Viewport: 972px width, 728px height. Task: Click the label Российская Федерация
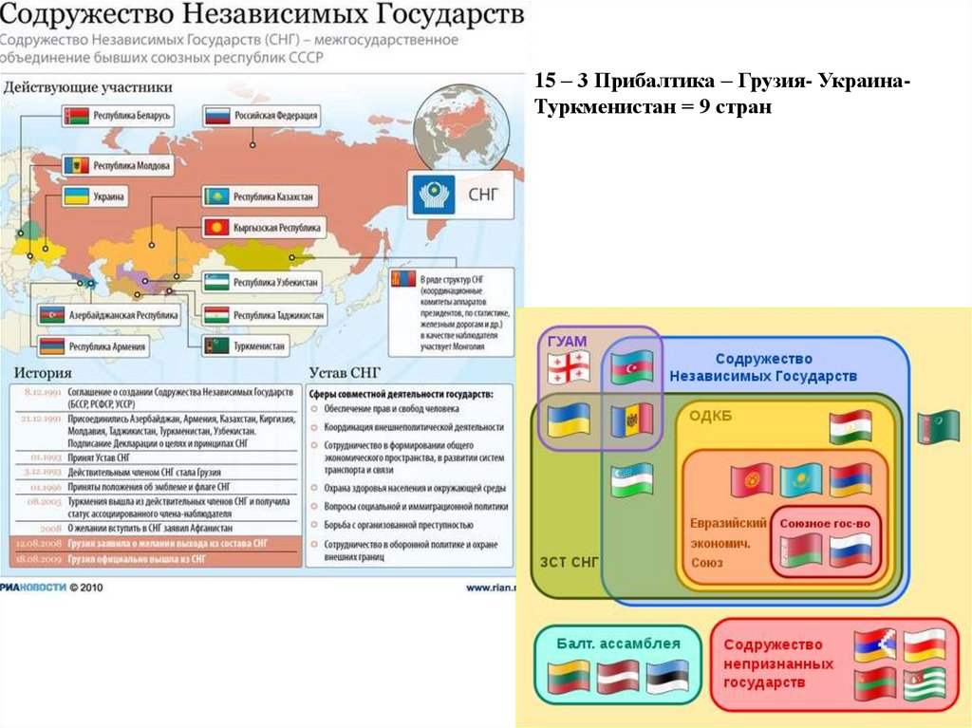[261, 116]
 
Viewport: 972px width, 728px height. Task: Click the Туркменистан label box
[246, 345]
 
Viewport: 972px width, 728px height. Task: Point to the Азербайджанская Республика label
[107, 314]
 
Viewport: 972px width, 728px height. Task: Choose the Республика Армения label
[95, 346]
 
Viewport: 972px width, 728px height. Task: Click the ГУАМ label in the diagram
[566, 341]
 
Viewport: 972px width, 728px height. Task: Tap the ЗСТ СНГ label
[569, 562]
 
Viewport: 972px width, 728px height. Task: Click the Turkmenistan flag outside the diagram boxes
[938, 426]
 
